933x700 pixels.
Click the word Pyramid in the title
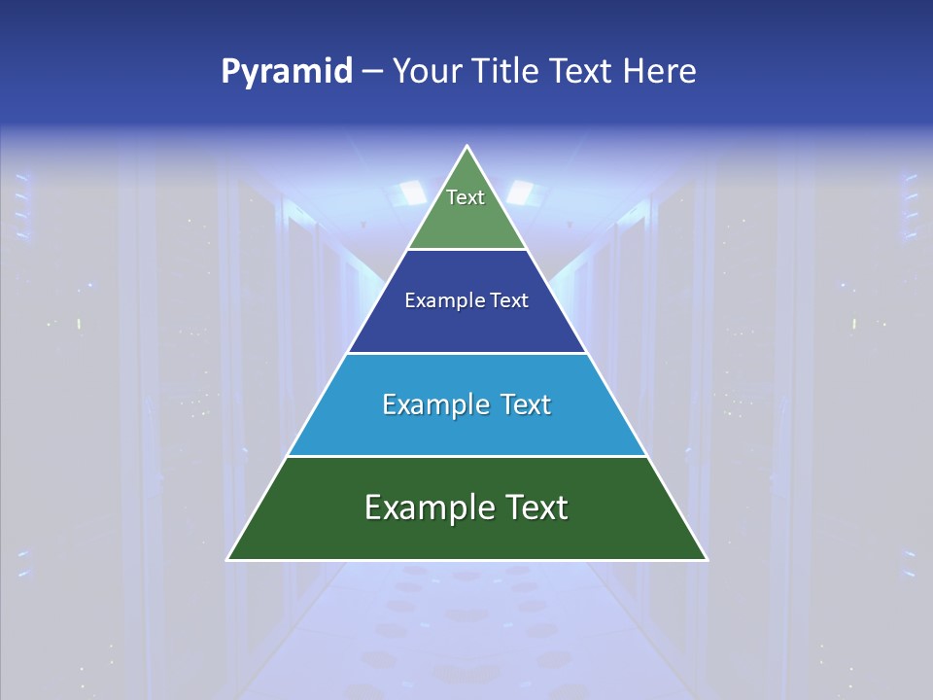click(287, 72)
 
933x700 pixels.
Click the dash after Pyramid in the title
click(372, 72)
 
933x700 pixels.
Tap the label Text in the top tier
click(466, 197)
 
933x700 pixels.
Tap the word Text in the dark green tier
click(536, 507)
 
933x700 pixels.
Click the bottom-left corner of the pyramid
click(228, 559)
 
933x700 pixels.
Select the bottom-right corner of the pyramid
click(706, 559)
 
